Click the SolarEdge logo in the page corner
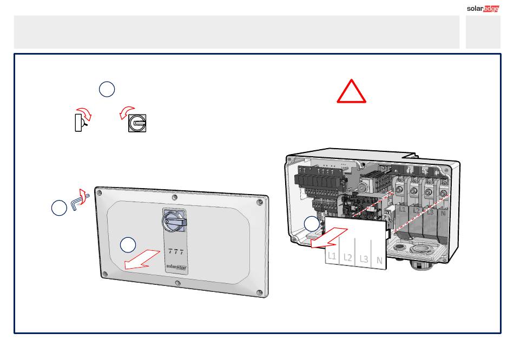point(483,9)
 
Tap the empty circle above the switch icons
point(107,89)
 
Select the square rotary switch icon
point(137,123)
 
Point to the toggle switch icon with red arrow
point(82,120)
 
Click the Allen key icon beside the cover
point(80,200)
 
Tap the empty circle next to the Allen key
point(60,208)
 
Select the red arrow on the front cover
point(142,260)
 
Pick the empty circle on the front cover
point(128,245)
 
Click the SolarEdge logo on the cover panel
point(176,267)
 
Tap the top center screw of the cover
point(175,197)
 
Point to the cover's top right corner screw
point(260,202)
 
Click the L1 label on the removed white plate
point(332,256)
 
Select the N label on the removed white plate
point(379,261)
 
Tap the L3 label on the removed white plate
point(364,259)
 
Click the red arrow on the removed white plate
point(329,238)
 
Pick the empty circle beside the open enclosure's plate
point(312,224)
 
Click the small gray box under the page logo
point(483,32)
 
